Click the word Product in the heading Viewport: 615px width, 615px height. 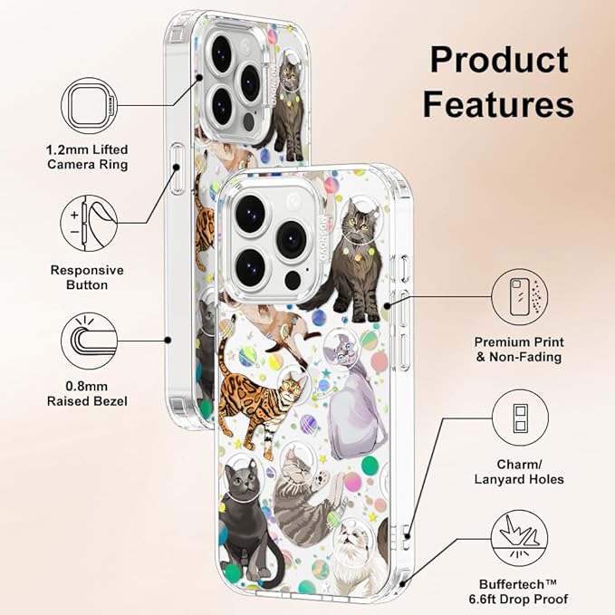pyautogui.click(x=499, y=60)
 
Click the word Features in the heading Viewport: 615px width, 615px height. pyautogui.click(x=498, y=104)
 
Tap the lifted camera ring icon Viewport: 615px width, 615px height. pyautogui.click(x=89, y=105)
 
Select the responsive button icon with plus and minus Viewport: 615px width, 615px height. pyautogui.click(x=89, y=223)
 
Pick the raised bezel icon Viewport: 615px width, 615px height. pyautogui.click(x=89, y=341)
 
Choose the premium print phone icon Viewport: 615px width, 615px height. pyautogui.click(x=520, y=297)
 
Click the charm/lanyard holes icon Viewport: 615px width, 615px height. pyautogui.click(x=520, y=418)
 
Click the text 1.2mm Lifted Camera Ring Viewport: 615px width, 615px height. pyautogui.click(x=88, y=157)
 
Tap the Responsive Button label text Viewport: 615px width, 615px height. pyautogui.click(x=87, y=277)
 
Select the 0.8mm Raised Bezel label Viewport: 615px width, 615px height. pyautogui.click(x=87, y=394)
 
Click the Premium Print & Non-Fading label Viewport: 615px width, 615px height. pyautogui.click(x=519, y=350)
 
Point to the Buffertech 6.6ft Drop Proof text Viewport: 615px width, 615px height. pyautogui.click(x=518, y=591)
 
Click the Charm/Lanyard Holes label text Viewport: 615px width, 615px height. pyautogui.click(x=519, y=472)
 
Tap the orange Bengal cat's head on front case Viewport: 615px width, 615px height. pyautogui.click(x=293, y=388)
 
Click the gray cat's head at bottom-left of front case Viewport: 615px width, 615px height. pyautogui.click(x=240, y=477)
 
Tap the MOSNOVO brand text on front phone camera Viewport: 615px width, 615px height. pyautogui.click(x=323, y=238)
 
